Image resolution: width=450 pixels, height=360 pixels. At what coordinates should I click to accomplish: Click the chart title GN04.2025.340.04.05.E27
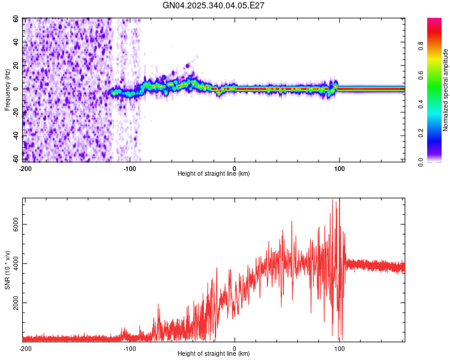[x=214, y=5]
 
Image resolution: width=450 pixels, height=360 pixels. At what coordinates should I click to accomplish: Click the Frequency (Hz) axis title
[x=7, y=90]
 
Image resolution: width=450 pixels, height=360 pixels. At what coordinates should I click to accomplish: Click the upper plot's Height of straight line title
[x=214, y=173]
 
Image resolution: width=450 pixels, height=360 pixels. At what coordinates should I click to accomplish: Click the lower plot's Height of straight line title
[x=214, y=353]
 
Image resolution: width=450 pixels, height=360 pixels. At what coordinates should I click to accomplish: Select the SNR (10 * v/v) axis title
[x=7, y=270]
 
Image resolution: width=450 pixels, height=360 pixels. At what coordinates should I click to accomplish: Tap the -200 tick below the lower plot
[x=25, y=348]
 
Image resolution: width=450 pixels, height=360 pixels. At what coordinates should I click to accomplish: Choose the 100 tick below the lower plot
[x=339, y=348]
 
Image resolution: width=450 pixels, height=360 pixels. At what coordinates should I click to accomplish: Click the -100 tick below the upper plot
[x=130, y=168]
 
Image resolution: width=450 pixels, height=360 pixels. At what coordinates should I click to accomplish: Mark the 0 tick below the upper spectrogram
[x=235, y=168]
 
